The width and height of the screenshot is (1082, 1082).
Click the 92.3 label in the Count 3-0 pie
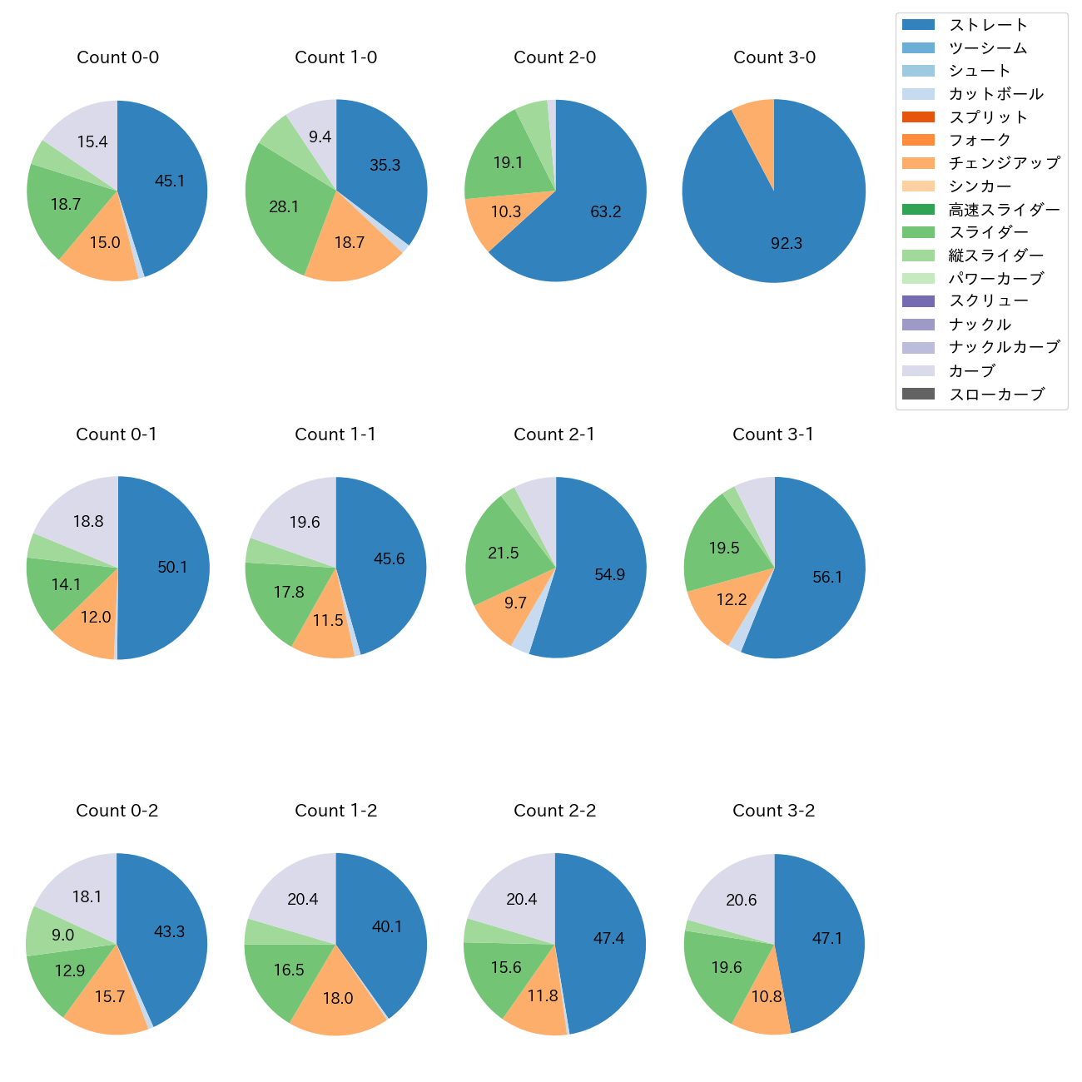(x=787, y=244)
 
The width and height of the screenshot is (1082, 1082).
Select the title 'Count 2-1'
(x=554, y=434)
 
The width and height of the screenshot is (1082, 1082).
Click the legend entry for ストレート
(x=988, y=25)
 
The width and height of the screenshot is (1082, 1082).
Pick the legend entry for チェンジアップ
(x=1004, y=163)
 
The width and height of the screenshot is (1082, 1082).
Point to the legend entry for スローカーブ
(x=996, y=395)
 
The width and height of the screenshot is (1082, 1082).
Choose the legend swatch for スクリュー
(x=918, y=301)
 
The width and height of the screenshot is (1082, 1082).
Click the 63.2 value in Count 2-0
(x=606, y=212)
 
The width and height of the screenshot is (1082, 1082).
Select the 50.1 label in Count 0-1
(x=172, y=568)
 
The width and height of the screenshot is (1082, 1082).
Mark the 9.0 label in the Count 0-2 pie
(x=62, y=936)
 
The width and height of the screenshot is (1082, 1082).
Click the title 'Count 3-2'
(x=773, y=811)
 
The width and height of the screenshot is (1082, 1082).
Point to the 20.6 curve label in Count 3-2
(x=742, y=901)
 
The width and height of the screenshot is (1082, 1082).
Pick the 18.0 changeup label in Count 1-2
(x=338, y=999)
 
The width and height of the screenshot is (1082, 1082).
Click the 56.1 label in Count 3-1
(x=827, y=578)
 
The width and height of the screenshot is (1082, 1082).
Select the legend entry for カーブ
(x=971, y=371)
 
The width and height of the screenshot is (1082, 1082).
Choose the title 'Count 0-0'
(x=117, y=57)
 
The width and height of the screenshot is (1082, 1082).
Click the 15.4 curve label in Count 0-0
(x=92, y=142)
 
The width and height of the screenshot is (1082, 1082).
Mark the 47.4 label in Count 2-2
(x=608, y=939)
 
